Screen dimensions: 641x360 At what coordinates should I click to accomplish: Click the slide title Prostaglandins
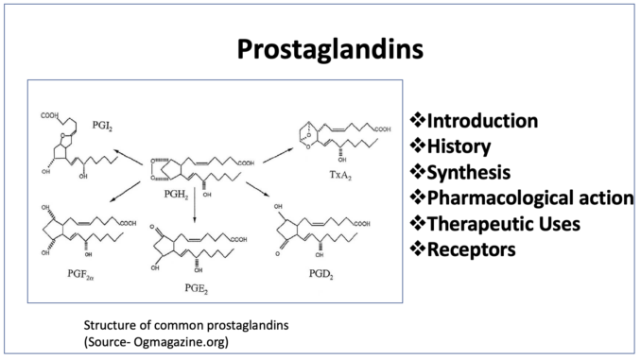point(330,50)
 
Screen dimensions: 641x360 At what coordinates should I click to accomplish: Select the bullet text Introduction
point(482,121)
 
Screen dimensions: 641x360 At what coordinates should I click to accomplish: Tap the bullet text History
point(459,146)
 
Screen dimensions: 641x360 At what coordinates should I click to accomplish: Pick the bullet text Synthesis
point(469,173)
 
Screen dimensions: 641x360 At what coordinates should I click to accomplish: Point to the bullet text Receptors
point(472,249)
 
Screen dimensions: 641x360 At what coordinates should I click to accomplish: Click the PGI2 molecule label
point(102,126)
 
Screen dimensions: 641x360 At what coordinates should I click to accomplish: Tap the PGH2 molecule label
point(176,195)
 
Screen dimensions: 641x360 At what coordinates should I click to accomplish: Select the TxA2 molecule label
point(340,176)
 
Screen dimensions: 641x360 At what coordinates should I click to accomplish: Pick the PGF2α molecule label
point(80,274)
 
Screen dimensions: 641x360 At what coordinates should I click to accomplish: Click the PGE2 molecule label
point(197,289)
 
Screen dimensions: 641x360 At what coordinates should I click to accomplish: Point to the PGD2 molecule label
point(320,274)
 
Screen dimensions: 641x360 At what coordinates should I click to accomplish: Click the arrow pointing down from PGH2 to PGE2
point(194,205)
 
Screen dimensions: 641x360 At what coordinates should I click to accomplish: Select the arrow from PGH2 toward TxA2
point(278,156)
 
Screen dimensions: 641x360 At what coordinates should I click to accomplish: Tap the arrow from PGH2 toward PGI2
point(129,157)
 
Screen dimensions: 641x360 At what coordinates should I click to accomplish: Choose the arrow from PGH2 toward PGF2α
point(125,192)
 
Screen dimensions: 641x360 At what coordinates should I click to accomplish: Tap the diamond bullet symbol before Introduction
point(417,120)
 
